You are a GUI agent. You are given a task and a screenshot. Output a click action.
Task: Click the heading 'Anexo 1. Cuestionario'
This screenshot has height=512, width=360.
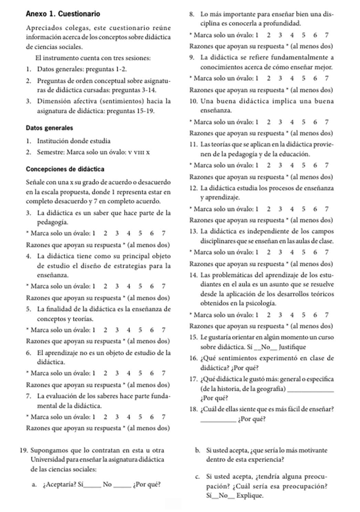pyautogui.click(x=63, y=14)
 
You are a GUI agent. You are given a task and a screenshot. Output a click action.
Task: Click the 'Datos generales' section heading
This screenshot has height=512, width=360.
pyautogui.click(x=49, y=128)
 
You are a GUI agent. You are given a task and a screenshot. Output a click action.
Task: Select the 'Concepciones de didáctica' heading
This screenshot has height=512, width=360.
pyautogui.click(x=65, y=169)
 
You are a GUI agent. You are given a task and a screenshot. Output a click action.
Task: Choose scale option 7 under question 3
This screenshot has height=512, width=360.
pyautogui.click(x=163, y=233)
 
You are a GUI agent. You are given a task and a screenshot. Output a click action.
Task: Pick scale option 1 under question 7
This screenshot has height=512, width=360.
pyautogui.click(x=94, y=417)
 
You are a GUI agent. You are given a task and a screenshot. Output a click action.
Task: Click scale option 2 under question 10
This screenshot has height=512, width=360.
pyautogui.click(x=269, y=122)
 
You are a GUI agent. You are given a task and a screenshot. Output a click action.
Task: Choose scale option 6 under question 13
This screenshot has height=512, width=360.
pyautogui.click(x=315, y=252)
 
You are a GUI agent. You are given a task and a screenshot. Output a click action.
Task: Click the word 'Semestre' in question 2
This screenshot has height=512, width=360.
pyautogui.click(x=50, y=152)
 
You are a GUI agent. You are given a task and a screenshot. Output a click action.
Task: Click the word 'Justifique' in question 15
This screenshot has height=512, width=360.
pyautogui.click(x=292, y=347)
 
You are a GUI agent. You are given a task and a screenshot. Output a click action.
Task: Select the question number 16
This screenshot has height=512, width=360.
pyautogui.click(x=193, y=358)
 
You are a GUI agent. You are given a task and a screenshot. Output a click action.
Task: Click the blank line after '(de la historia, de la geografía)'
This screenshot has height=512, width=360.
pyautogui.click(x=312, y=389)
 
